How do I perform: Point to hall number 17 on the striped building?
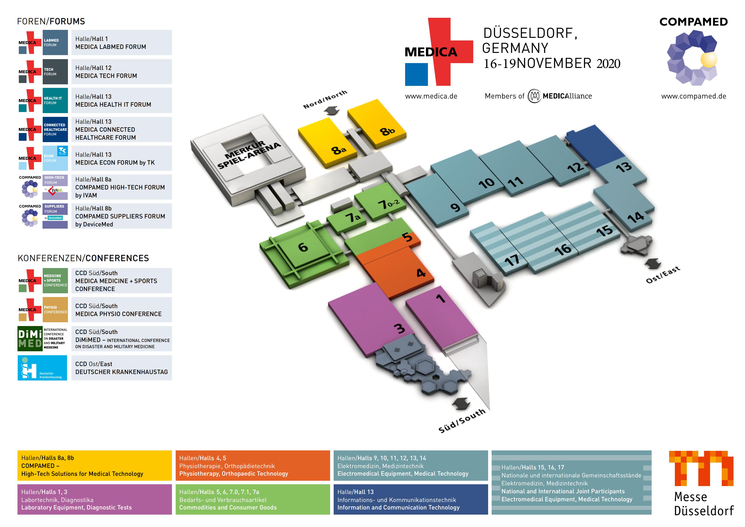(x=512, y=260)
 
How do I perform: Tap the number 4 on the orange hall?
(x=421, y=273)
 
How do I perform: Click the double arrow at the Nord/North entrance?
(x=331, y=112)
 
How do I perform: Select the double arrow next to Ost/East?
(x=653, y=264)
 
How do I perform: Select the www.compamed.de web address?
(x=694, y=96)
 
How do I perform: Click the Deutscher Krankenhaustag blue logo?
(x=42, y=368)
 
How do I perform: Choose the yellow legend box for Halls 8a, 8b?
(x=94, y=465)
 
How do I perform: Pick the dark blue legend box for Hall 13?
(x=410, y=499)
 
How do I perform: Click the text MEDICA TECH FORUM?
(x=106, y=76)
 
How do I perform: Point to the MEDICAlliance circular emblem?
(x=534, y=96)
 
